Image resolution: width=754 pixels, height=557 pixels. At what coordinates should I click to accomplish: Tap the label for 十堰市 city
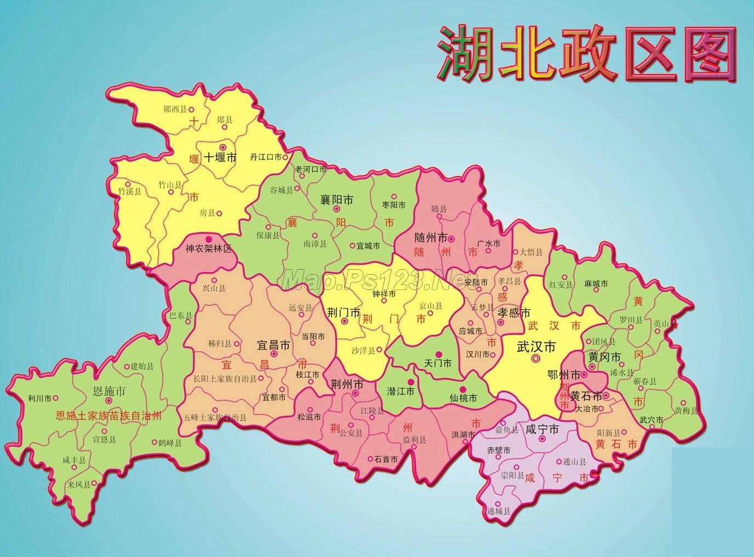pos(220,158)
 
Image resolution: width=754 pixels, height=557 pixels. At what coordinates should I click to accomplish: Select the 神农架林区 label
pos(208,248)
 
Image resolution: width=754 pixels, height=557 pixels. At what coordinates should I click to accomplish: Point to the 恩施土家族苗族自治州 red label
pos(109,416)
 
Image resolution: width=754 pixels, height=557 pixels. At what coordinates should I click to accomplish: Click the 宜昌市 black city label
pos(273,346)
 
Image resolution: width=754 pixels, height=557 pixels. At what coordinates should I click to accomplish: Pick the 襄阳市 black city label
pos(336,200)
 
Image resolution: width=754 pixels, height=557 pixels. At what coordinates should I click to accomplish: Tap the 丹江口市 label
pos(265,157)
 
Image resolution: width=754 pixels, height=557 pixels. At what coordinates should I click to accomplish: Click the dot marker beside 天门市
pos(438,354)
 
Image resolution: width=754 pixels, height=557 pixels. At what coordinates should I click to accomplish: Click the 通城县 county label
pos(498,511)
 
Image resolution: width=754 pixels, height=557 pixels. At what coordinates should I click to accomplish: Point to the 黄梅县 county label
pos(686,410)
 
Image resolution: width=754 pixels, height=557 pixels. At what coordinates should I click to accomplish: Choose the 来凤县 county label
pos(79,485)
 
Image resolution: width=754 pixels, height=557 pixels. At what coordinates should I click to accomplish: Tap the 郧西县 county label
pos(175,109)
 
